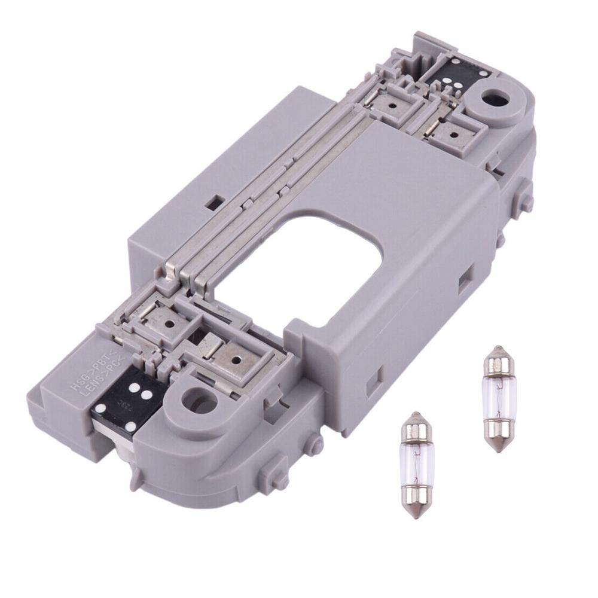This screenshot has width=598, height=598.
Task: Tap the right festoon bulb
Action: [498, 398]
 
